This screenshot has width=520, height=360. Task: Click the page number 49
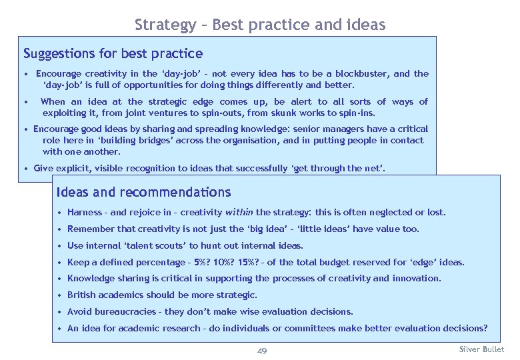(262, 351)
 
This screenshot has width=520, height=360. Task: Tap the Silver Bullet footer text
(482, 349)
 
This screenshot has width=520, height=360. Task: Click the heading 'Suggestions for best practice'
(113, 53)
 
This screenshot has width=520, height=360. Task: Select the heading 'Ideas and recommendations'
(144, 193)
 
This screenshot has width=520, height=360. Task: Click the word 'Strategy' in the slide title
(160, 25)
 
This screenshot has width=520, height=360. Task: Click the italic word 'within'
(239, 213)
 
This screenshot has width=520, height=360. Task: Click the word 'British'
(83, 295)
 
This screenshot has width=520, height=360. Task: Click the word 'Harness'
(85, 213)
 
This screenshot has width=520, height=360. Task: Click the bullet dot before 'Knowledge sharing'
(60, 279)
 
